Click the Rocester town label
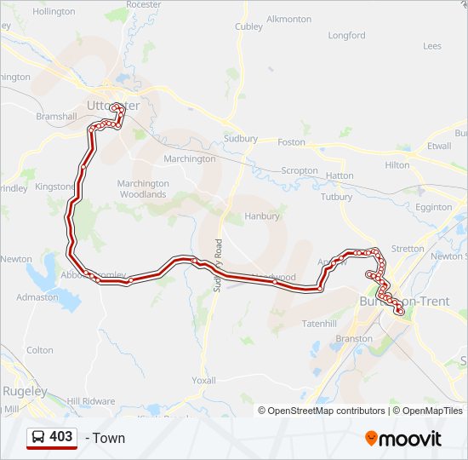point(143,5)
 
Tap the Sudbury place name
point(241,138)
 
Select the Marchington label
point(190,158)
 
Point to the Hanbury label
point(261,216)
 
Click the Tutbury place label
point(336,197)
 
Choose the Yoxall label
point(203,380)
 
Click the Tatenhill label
point(321,324)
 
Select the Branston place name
point(354,338)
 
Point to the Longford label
point(346,36)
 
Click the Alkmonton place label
point(289,19)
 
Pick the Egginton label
point(434,207)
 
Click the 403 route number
point(61,437)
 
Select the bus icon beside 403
point(38,437)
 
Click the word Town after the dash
point(109,438)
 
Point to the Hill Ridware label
point(91,400)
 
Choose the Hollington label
point(54,11)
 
